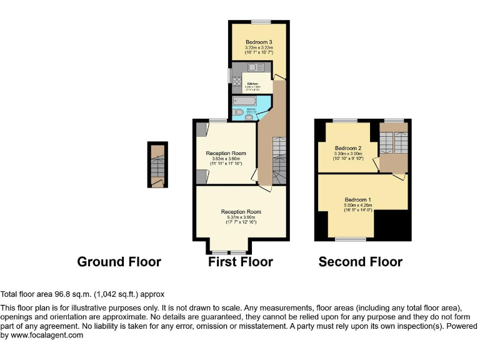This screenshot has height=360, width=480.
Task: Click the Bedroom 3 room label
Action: tap(259, 42)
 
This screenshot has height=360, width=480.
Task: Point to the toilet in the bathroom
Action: tap(238, 112)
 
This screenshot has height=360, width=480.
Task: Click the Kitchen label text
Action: tap(252, 84)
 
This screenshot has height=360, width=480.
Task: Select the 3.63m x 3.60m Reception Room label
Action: tap(226, 153)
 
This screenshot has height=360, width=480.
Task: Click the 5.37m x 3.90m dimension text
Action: tap(241, 217)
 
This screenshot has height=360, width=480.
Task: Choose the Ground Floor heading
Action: tap(119, 262)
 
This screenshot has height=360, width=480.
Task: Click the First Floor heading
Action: tap(240, 262)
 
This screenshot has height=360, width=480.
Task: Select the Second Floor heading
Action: tap(360, 262)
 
